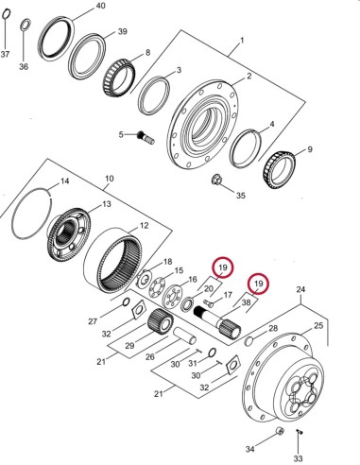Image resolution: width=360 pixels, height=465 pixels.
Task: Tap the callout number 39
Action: click(122, 31)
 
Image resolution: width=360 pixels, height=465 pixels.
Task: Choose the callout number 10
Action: click(109, 178)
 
